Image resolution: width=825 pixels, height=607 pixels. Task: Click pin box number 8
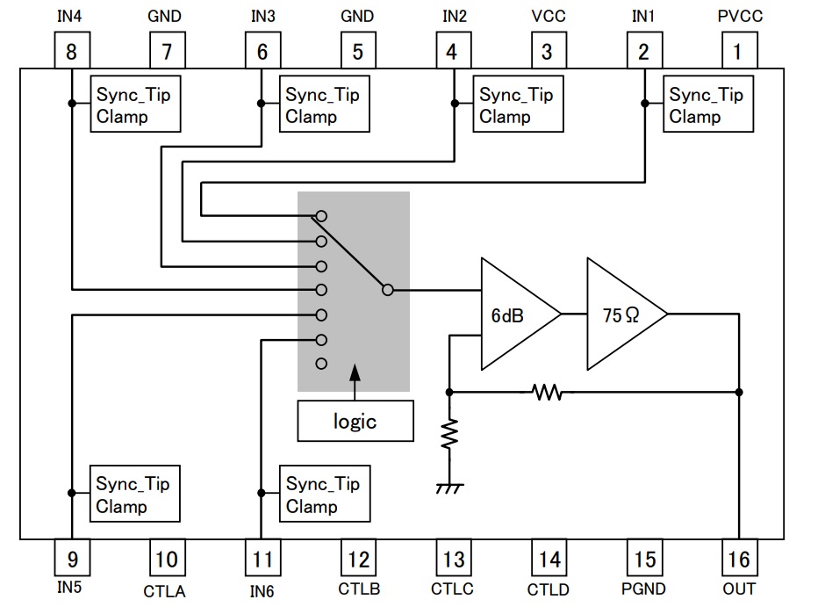pyautogui.click(x=71, y=52)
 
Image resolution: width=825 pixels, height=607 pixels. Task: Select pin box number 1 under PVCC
pyautogui.click(x=738, y=52)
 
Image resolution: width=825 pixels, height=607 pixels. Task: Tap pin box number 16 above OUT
pyautogui.click(x=738, y=559)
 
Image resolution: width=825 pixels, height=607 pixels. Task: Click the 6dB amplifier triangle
pyautogui.click(x=514, y=314)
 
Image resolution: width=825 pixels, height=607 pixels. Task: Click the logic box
pyautogui.click(x=355, y=421)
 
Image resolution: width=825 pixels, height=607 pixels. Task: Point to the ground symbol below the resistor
pyautogui.click(x=449, y=487)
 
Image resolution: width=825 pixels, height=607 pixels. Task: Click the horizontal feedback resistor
pyautogui.click(x=547, y=393)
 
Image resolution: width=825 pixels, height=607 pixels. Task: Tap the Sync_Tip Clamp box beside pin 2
pyautogui.click(x=706, y=105)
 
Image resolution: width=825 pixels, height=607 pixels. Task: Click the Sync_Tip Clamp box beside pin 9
pyautogui.click(x=136, y=495)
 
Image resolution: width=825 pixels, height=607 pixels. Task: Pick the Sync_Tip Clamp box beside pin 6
pyautogui.click(x=324, y=105)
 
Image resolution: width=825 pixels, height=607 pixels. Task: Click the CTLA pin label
pyautogui.click(x=165, y=590)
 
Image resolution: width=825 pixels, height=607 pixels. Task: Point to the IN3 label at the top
pyautogui.click(x=262, y=16)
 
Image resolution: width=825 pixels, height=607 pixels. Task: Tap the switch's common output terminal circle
pyautogui.click(x=387, y=289)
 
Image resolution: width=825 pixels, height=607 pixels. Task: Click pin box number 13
pyautogui.click(x=453, y=559)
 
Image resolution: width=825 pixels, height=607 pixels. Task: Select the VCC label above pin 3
pyautogui.click(x=549, y=16)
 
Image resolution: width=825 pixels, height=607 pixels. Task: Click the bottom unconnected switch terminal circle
pyautogui.click(x=321, y=364)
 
